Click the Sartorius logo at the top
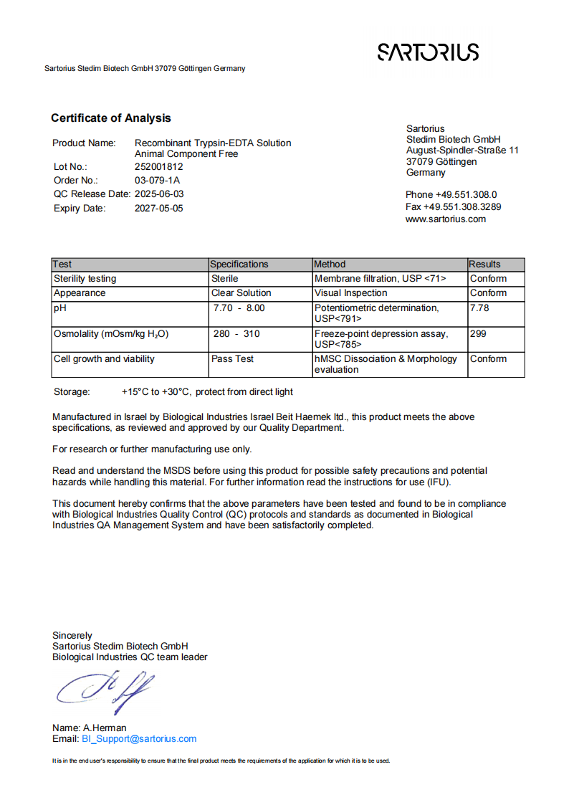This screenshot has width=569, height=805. click(x=428, y=52)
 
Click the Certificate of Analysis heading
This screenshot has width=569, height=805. click(x=111, y=118)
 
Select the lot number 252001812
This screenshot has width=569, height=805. click(x=158, y=166)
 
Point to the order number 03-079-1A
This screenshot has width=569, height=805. click(x=157, y=180)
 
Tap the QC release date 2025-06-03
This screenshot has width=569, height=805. click(x=159, y=194)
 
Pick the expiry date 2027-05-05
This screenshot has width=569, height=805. click(x=159, y=208)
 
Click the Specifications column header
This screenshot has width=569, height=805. click(x=240, y=265)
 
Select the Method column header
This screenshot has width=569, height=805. click(x=330, y=265)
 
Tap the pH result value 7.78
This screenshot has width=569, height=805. click(x=479, y=308)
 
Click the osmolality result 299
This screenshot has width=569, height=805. click(x=477, y=334)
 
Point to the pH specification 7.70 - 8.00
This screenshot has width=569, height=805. click(x=239, y=308)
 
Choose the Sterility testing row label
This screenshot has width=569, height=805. click(x=85, y=279)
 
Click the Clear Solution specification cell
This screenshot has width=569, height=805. click(x=241, y=293)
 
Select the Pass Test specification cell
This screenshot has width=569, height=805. click(x=232, y=359)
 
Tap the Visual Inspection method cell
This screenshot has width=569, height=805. click(x=351, y=293)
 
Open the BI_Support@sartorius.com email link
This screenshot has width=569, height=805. click(x=139, y=739)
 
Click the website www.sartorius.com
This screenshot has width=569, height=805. click(x=446, y=219)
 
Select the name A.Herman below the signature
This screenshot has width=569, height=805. click(x=105, y=728)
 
